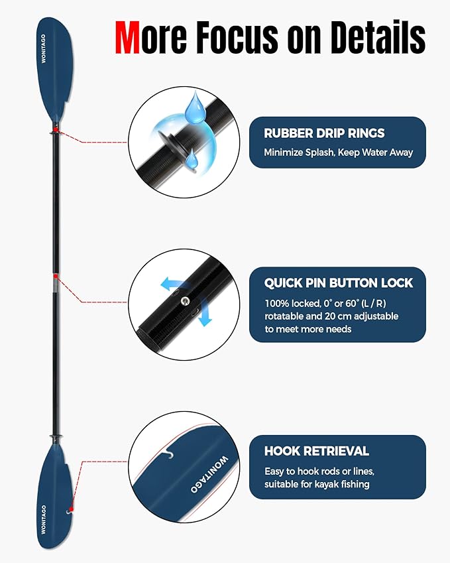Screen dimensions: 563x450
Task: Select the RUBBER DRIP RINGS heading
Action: (324, 133)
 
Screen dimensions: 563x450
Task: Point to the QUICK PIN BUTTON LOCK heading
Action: (338, 283)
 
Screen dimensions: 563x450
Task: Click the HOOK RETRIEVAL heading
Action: (316, 451)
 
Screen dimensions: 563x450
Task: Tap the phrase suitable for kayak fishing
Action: (317, 484)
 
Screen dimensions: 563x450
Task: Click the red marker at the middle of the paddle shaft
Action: (56, 275)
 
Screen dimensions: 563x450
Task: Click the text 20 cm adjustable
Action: (365, 316)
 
